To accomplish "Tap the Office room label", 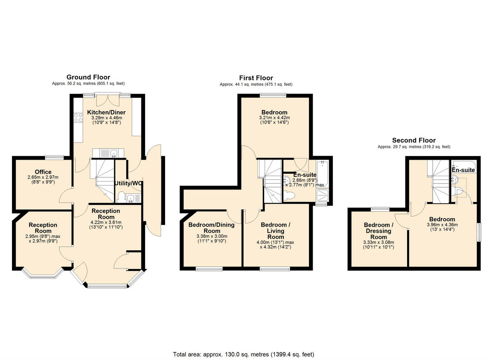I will tap(43, 172).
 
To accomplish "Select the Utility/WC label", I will tap(129, 183).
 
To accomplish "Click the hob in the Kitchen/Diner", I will tap(78, 118).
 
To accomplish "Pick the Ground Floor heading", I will tap(88, 77).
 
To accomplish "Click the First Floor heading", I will tap(256, 78).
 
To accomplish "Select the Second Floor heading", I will tap(413, 140).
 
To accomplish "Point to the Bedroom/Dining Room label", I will tap(212, 228).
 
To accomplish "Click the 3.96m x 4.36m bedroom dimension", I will tap(442, 225).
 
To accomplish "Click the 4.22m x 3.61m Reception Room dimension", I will tap(106, 222).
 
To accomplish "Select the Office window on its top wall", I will tap(54, 156).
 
